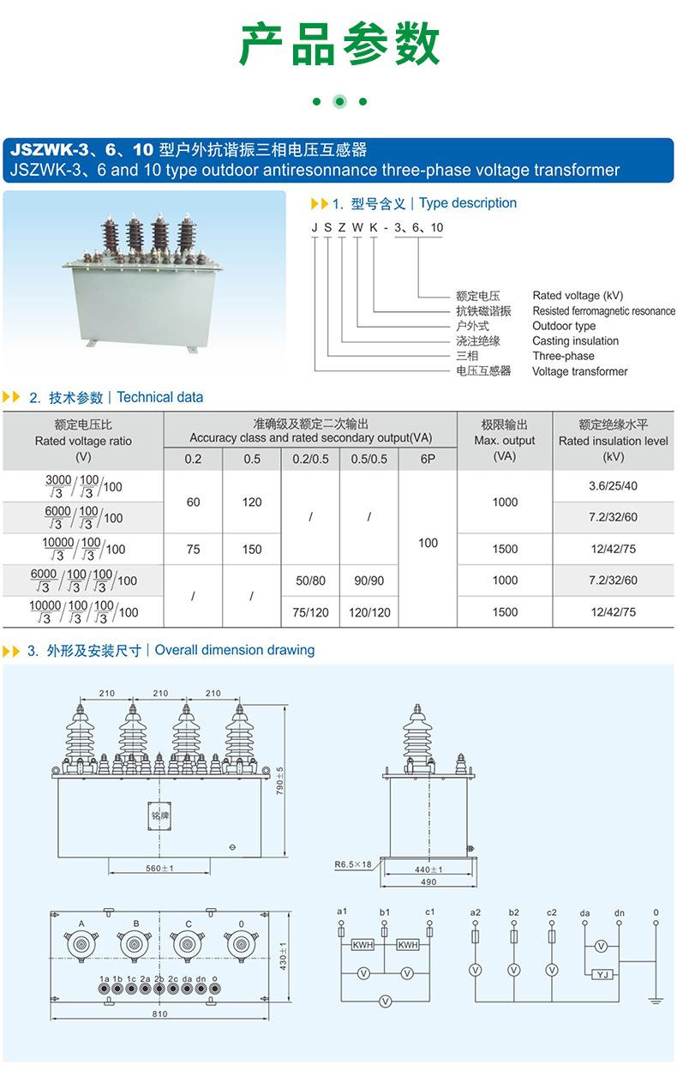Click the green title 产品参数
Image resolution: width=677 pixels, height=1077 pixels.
pos(338,45)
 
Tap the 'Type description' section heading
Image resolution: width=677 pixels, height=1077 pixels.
pos(468,203)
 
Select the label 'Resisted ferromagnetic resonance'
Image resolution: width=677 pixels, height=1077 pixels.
pos(603,311)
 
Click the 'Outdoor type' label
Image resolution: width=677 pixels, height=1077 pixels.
pos(564,326)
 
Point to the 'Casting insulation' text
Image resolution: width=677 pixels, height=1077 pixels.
pos(575,341)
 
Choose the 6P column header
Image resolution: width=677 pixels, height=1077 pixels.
pos(428,459)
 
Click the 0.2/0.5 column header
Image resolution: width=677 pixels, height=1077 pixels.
pos(310,459)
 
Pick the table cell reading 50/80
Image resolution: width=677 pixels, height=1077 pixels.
pos(310,581)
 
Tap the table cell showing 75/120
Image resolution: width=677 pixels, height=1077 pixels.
pos(310,612)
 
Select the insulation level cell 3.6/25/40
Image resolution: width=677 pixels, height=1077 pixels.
pos(613,486)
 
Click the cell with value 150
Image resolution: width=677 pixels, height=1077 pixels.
pos(252,549)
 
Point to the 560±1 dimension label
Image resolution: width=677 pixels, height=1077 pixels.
pos(160,869)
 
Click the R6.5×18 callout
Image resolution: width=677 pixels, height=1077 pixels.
pos(353,864)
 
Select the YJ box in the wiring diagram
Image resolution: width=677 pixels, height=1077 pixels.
pos(602,975)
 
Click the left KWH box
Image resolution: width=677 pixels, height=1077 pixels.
pos(362,945)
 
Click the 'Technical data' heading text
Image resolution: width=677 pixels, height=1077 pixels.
pos(160,397)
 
